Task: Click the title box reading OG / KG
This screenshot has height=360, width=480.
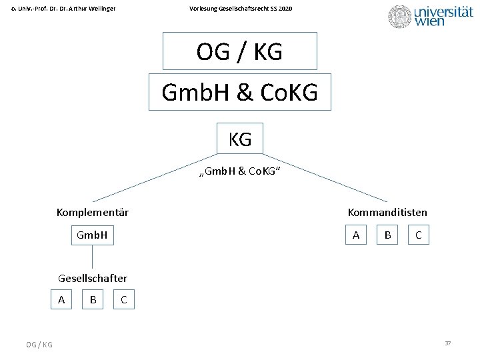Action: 239,51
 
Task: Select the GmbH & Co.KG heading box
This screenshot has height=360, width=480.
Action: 239,92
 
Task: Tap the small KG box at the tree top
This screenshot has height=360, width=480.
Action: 239,139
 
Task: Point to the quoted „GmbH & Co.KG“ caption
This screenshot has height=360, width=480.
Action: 240,172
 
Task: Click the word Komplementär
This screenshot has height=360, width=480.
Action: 93,213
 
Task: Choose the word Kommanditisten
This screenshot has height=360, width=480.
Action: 387,213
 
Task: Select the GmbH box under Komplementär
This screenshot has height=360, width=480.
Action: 92,235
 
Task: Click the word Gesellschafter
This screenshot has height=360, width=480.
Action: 93,278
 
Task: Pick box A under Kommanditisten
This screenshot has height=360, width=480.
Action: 356,235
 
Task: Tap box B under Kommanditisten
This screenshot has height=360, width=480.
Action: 387,235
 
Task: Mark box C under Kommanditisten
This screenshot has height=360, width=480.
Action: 418,235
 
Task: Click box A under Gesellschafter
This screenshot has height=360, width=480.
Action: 61,300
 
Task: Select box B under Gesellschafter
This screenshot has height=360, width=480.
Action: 93,300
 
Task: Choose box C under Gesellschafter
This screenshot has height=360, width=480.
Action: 124,300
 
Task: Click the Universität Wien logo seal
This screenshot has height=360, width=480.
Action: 400,17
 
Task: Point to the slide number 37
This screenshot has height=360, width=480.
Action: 448,343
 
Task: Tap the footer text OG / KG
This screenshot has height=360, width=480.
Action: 39,344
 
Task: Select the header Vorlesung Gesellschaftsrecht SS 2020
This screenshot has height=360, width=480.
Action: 241,9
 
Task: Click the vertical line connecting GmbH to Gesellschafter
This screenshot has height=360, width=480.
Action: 92,257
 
